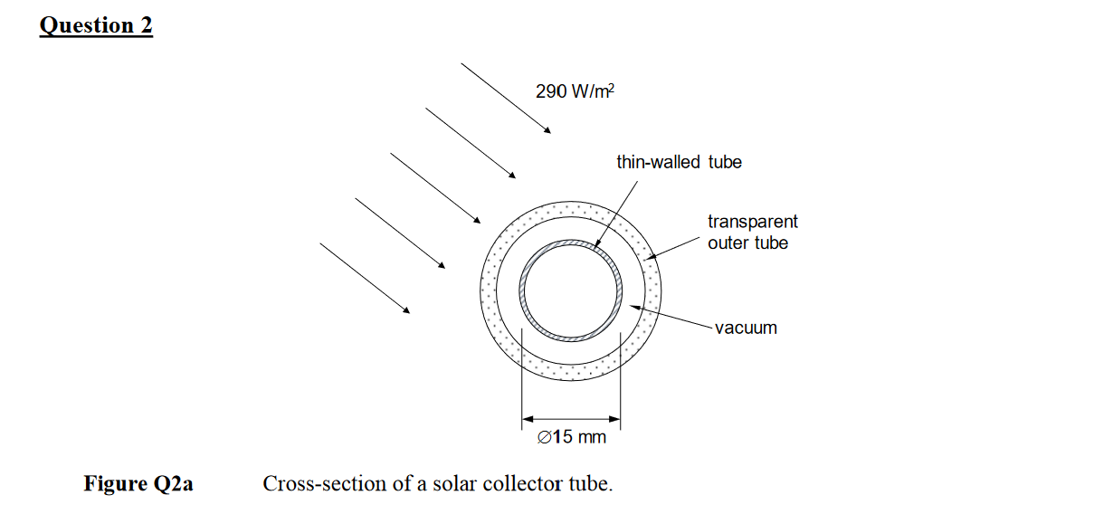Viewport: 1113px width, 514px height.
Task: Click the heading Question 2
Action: [96, 25]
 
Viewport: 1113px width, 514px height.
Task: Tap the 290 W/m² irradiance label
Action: [575, 91]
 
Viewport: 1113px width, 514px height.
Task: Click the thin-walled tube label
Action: [679, 162]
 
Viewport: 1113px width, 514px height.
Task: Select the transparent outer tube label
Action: [752, 232]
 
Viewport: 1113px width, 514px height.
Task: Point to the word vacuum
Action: [746, 328]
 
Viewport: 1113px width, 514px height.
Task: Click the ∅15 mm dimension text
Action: [571, 438]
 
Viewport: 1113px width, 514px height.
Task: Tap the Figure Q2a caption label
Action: [138, 484]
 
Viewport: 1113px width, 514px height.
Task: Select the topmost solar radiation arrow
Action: [505, 98]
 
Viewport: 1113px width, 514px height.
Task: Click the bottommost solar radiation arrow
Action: [364, 278]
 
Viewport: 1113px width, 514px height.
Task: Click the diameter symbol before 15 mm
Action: [543, 438]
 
